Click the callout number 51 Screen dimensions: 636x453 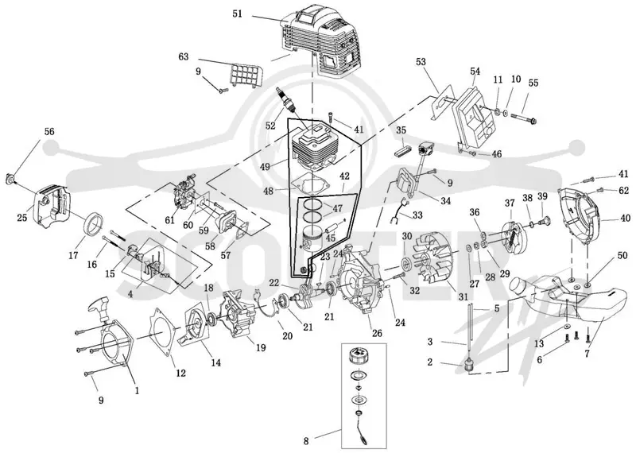pyautogui.click(x=237, y=14)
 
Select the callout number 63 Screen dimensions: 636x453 pyautogui.click(x=184, y=56)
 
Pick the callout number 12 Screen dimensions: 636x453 pyautogui.click(x=180, y=372)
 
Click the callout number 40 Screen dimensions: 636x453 pyautogui.click(x=626, y=219)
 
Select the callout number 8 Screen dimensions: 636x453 pyautogui.click(x=307, y=440)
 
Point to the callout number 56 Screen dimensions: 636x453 pyautogui.click(x=49, y=132)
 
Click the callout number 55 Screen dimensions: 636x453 pyautogui.click(x=533, y=83)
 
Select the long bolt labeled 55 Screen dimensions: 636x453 pyautogui.click(x=523, y=118)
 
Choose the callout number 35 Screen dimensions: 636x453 pyautogui.click(x=401, y=130)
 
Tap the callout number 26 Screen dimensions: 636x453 pyautogui.click(x=377, y=333)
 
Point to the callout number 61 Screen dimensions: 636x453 pyautogui.click(x=169, y=220)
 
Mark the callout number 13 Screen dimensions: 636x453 pyautogui.click(x=539, y=344)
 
